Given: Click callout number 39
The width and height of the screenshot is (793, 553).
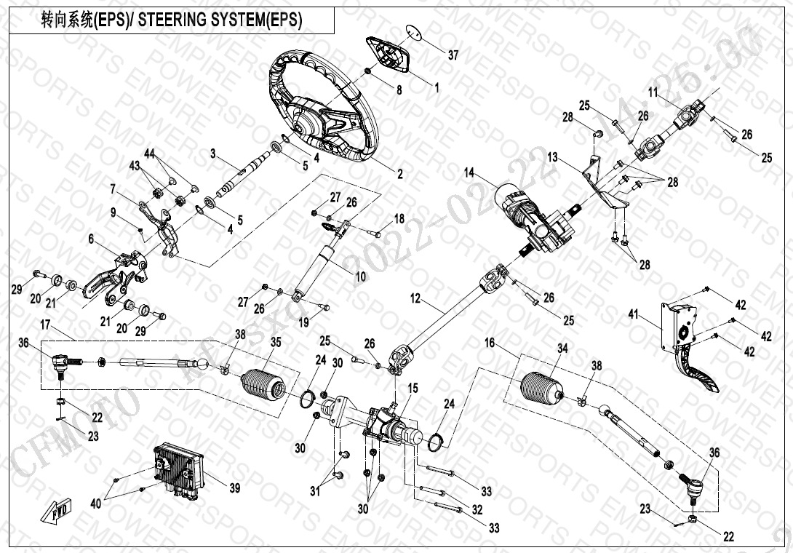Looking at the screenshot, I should pos(234,488).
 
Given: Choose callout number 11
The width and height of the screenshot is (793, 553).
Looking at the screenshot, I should pos(653,92).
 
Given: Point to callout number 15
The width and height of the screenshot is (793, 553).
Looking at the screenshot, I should pos(413,389).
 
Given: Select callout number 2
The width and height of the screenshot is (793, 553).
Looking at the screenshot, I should pos(399,174).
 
